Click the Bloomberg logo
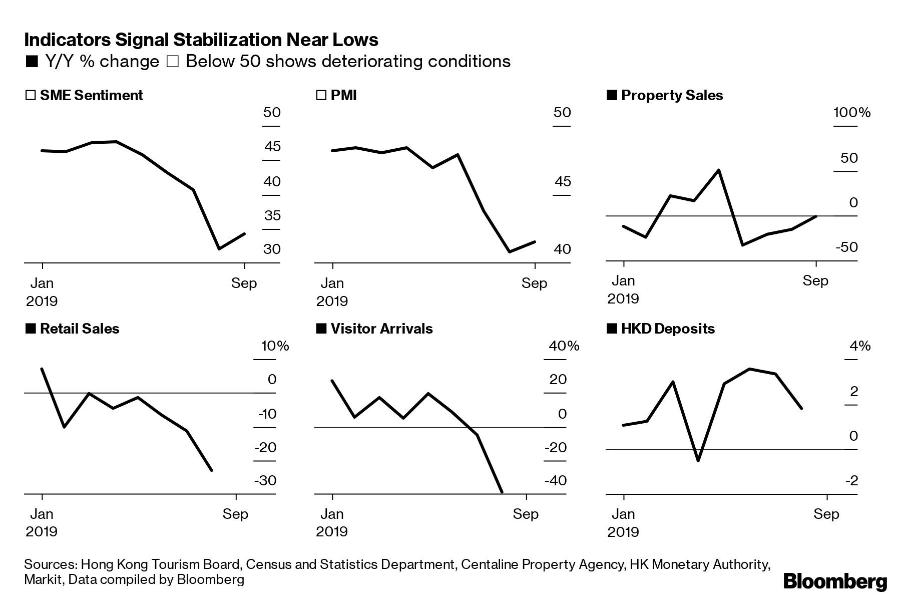click(x=834, y=582)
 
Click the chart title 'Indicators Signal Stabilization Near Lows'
click(x=201, y=40)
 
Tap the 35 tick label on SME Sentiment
click(x=272, y=216)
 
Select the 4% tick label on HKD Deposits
click(x=860, y=346)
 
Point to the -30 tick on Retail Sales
click(x=265, y=481)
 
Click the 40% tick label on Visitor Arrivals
click(x=564, y=346)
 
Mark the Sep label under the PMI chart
click(x=534, y=283)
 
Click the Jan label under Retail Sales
click(x=42, y=514)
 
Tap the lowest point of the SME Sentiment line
click(x=219, y=248)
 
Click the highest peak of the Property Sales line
click(x=719, y=170)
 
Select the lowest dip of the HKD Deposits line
click(x=698, y=460)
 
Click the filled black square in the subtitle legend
click(x=32, y=62)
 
